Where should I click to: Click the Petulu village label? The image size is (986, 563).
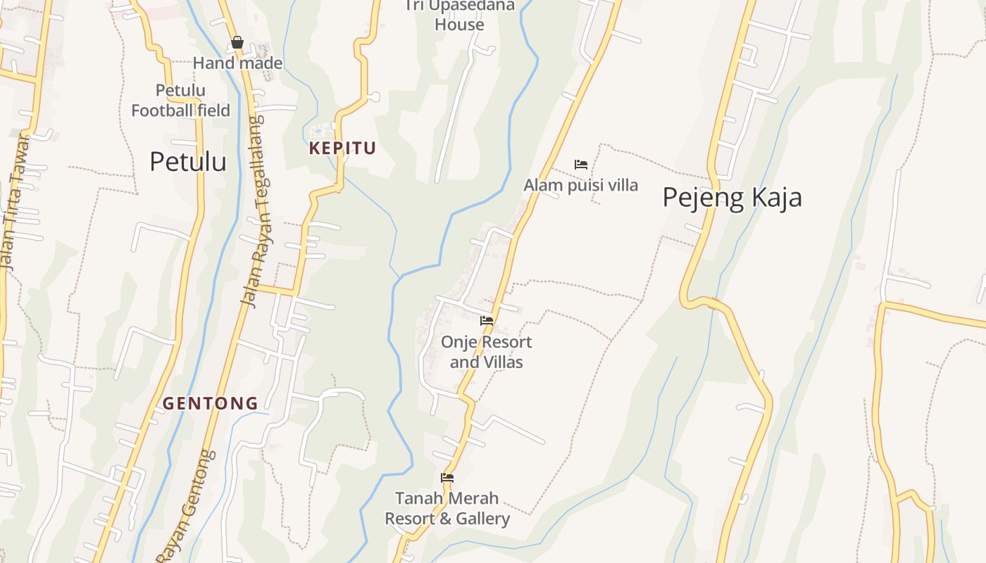[188, 162]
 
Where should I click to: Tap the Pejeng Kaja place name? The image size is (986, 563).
[732, 198]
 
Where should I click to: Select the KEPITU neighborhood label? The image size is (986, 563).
[342, 148]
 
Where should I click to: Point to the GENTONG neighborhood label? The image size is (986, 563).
[211, 404]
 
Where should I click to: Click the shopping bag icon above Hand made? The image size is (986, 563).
[237, 43]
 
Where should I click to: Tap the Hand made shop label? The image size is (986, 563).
[237, 63]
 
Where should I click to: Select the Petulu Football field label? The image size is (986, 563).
[180, 101]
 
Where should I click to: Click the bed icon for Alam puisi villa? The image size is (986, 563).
[581, 165]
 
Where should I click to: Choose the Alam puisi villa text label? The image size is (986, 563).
[581, 185]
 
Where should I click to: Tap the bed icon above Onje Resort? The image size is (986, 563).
[487, 321]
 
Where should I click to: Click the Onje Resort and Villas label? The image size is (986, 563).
[487, 352]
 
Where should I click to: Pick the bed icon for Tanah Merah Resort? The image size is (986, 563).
[447, 478]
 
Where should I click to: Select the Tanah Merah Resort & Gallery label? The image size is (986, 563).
[447, 509]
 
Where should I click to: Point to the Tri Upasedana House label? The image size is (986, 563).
[459, 15]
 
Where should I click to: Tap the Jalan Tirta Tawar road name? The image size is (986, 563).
[15, 204]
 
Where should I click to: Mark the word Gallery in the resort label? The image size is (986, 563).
[482, 519]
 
